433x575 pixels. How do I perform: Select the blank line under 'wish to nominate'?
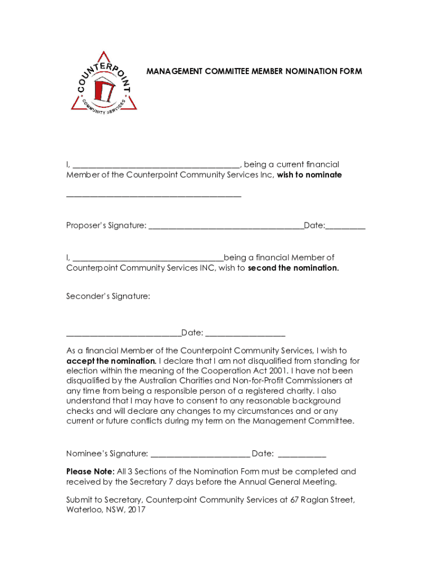pos(154,196)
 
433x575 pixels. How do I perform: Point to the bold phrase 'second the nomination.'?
pos(293,268)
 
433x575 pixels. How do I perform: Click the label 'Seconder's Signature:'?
pos(108,296)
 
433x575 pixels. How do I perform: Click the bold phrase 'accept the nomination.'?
pos(111,361)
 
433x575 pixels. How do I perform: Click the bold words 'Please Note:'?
pos(90,472)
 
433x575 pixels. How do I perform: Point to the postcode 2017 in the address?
pos(136,510)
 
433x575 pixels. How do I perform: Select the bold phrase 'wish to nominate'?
pos(309,175)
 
